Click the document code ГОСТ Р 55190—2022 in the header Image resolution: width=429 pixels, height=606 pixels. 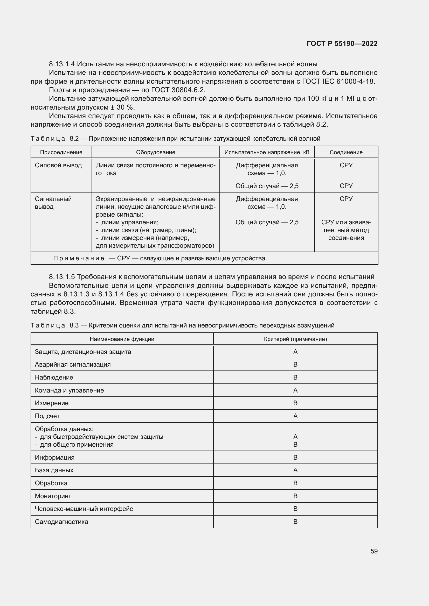pos(342,44)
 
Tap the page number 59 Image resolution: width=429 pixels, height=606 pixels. pos(374,551)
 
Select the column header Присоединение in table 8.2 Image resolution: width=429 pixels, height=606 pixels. pos(61,152)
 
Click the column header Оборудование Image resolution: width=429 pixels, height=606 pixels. pos(156,152)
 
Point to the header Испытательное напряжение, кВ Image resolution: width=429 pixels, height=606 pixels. pos(267,152)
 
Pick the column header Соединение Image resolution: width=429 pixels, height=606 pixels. pos(346,152)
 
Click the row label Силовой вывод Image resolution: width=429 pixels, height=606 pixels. pos(58,165)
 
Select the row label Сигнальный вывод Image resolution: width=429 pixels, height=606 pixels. pos(53,203)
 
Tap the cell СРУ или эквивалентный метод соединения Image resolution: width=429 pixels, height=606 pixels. pos(346,230)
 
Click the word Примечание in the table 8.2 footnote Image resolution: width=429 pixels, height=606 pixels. pos(78,258)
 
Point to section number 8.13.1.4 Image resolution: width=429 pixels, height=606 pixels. pos(62,64)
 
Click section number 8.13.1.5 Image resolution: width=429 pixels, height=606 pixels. pos(62,277)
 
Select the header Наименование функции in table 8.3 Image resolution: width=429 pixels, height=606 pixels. pos(122,339)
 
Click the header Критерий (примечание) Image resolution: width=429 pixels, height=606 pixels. pos(295,339)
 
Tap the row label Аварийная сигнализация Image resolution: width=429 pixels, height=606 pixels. pos(73,365)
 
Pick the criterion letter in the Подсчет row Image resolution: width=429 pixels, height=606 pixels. pos(295,416)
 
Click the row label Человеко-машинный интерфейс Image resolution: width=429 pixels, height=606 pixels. pos(84,509)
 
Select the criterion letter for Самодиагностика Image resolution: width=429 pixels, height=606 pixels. pos(295,522)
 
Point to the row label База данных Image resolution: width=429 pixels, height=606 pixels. pos(54,470)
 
